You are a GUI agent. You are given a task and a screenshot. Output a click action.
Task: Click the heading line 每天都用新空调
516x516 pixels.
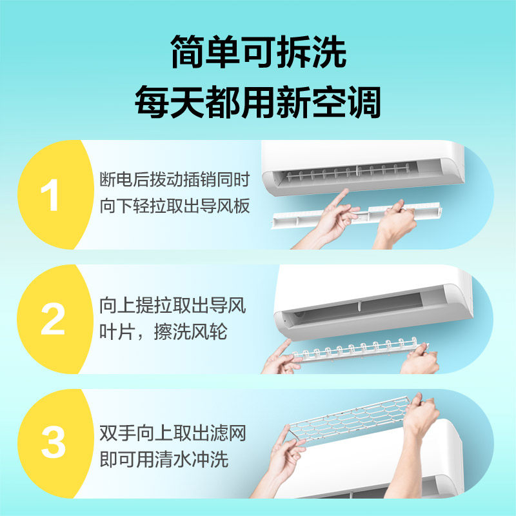(257, 101)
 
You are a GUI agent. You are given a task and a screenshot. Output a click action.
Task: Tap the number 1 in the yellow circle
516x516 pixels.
(50, 196)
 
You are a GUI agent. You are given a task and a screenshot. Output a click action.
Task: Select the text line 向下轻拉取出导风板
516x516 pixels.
(174, 206)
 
